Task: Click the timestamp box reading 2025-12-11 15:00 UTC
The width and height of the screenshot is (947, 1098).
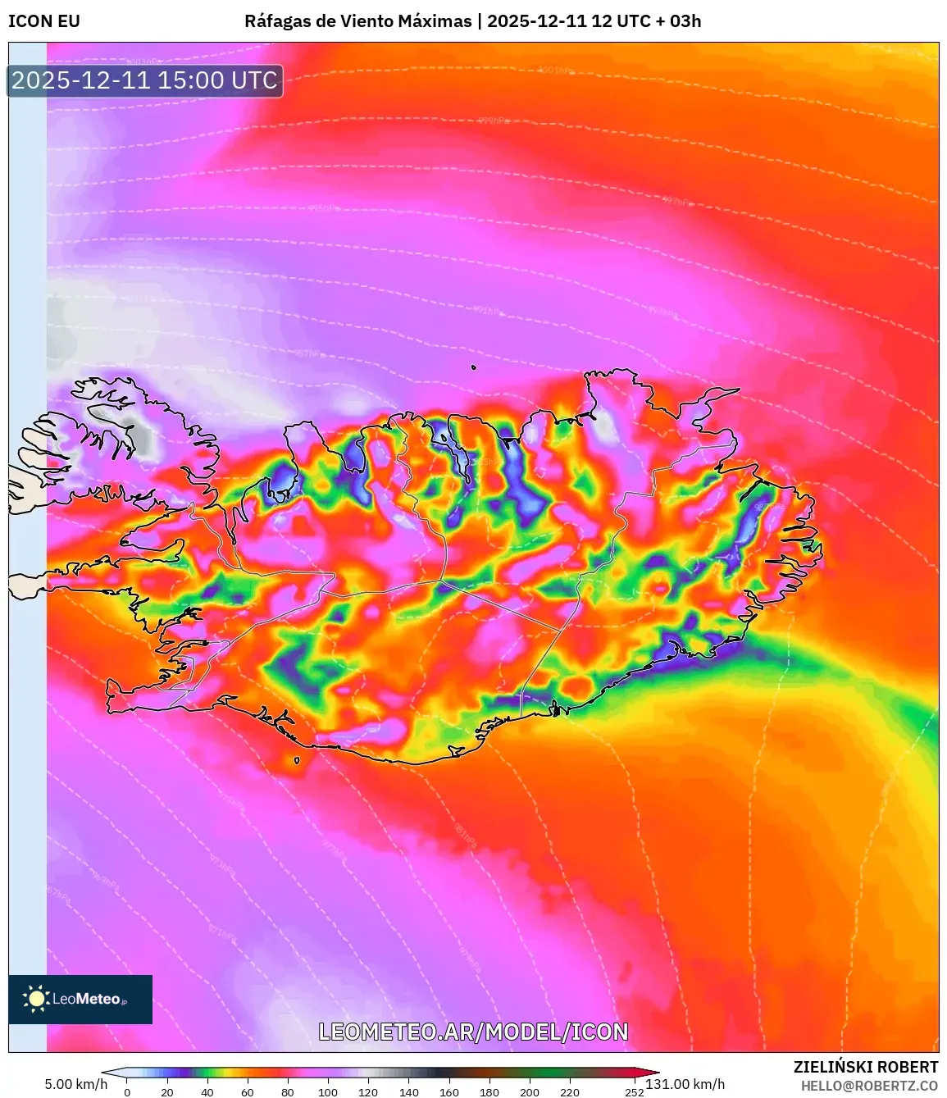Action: click(145, 80)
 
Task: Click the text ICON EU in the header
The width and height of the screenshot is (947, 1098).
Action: click(44, 21)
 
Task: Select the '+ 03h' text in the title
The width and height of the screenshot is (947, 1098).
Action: click(676, 21)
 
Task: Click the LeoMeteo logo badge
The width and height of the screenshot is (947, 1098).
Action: click(80, 999)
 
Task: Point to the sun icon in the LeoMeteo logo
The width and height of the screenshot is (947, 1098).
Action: click(36, 998)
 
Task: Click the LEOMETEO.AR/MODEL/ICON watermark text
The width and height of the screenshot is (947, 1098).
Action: click(473, 1032)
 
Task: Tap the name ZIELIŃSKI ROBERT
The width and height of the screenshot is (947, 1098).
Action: click(866, 1067)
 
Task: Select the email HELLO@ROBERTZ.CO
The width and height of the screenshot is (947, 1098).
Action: click(869, 1086)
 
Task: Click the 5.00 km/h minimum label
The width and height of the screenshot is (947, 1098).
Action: click(75, 1084)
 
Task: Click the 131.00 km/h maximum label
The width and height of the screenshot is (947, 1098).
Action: click(685, 1084)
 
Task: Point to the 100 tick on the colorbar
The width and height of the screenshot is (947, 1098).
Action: click(328, 1092)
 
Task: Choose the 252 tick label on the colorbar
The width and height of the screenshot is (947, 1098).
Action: click(634, 1092)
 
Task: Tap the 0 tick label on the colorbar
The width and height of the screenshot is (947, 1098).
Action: click(127, 1092)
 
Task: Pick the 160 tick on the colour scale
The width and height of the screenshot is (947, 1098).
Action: click(448, 1092)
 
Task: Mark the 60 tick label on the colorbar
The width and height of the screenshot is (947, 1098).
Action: click(248, 1092)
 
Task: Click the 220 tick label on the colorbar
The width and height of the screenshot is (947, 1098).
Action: click(570, 1092)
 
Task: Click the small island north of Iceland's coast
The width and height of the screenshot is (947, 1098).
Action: click(474, 368)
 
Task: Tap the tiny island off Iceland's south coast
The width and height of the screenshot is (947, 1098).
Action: click(297, 760)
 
